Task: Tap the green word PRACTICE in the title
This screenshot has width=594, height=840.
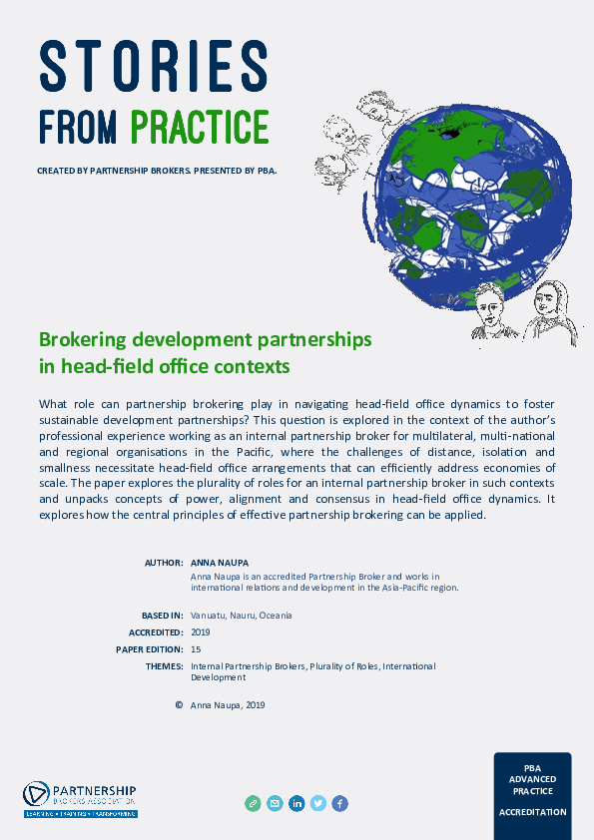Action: tap(200, 127)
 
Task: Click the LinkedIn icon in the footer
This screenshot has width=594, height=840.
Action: tap(297, 803)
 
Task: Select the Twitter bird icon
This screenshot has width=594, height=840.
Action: tap(318, 803)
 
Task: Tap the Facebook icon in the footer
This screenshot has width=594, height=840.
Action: tap(339, 803)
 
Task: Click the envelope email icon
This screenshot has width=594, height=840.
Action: tap(275, 803)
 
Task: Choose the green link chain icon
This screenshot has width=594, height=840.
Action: tap(254, 803)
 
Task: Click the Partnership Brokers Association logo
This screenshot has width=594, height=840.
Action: tap(80, 799)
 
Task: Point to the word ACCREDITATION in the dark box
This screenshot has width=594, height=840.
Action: tap(532, 812)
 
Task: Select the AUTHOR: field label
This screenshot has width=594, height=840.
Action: tap(164, 563)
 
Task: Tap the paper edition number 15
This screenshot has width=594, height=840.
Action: tap(195, 649)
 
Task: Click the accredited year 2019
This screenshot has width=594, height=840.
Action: tap(200, 632)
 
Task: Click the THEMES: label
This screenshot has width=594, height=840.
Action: tap(164, 666)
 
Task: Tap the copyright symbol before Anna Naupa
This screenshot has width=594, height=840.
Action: tap(179, 704)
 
